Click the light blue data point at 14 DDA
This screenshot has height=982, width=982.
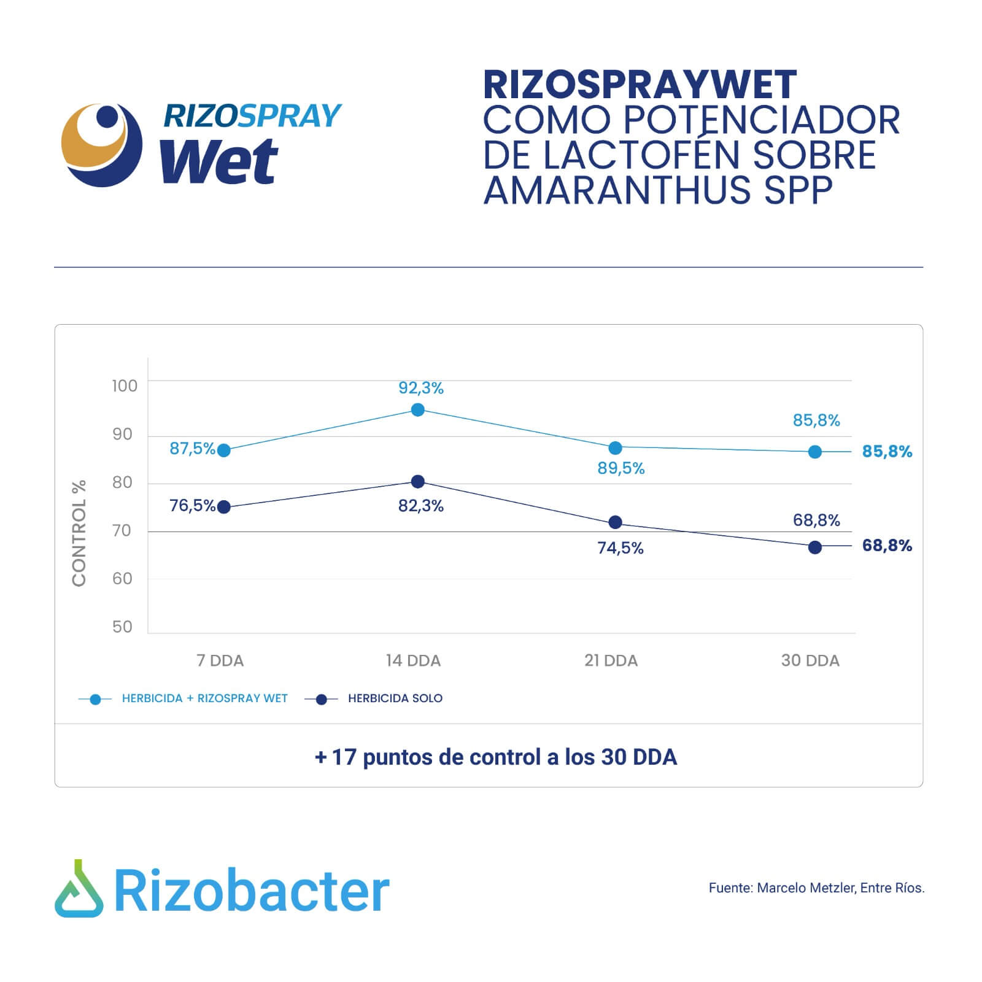tap(417, 409)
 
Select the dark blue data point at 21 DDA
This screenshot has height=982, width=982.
tap(615, 522)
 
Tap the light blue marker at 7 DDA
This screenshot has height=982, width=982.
tap(224, 450)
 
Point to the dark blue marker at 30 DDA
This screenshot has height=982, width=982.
tap(815, 547)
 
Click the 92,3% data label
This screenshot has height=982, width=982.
tap(421, 388)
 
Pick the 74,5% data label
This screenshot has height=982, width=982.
tap(621, 548)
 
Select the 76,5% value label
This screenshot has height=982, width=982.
tap(193, 506)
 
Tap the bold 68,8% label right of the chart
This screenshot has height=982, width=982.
tap(887, 546)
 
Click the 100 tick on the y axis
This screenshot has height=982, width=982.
tap(125, 385)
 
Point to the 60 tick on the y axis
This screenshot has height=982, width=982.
tap(122, 578)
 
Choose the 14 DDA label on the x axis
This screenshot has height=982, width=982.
tap(413, 660)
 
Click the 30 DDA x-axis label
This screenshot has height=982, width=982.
tap(810, 660)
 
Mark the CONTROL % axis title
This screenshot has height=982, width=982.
tap(79, 533)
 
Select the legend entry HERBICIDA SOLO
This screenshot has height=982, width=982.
tap(395, 698)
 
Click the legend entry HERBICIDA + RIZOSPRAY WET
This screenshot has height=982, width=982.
tap(205, 698)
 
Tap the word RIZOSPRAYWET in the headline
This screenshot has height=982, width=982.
tap(640, 85)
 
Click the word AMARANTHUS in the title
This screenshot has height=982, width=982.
tap(617, 190)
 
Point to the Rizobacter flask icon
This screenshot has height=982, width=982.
tap(79, 889)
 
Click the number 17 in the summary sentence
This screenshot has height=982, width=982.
tap(344, 757)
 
